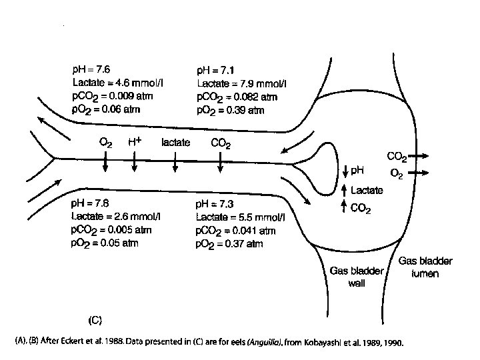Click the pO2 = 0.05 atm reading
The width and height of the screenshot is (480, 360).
[105, 244]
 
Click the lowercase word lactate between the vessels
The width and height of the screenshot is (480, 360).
[176, 142]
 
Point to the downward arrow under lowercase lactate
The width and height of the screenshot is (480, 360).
[175, 163]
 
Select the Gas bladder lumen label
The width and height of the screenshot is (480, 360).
[421, 269]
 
